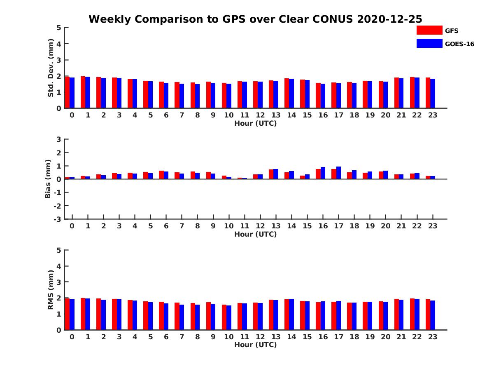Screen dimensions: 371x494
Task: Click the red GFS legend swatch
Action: (429, 30)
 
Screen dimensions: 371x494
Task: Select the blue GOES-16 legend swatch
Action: (429, 43)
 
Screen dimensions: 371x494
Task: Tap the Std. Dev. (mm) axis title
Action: (51, 68)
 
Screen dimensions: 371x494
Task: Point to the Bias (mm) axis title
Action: (48, 179)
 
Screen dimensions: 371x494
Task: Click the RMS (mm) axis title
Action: (51, 290)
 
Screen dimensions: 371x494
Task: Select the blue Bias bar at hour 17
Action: (338, 173)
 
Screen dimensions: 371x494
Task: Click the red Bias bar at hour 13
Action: (271, 174)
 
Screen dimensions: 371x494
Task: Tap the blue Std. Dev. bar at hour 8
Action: (198, 96)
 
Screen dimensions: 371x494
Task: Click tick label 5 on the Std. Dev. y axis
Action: (59, 28)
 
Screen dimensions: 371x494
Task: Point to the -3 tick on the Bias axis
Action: (57, 219)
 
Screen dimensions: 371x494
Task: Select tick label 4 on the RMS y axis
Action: (59, 266)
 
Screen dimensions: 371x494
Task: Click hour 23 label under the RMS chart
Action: (432, 337)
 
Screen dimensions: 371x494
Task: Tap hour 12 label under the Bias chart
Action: (260, 226)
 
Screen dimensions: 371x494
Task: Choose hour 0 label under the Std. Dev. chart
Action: (72, 115)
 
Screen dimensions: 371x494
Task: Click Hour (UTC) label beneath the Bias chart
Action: (255, 234)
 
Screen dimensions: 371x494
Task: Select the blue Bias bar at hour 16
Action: (323, 173)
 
